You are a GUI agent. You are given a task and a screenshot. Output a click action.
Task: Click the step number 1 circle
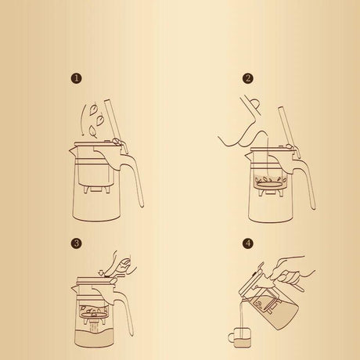76,78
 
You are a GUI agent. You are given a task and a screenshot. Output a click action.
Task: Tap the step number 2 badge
248,78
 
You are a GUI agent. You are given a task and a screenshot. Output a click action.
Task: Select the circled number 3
76,243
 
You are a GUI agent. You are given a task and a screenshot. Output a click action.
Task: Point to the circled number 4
248,243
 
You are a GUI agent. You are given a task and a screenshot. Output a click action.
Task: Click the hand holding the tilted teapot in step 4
298,274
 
